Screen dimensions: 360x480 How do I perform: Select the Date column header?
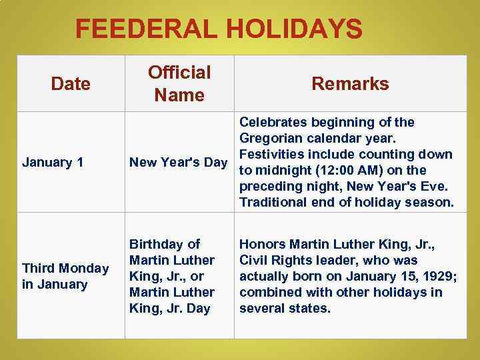coord(71,84)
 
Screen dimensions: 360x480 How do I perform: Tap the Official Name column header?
coord(179,84)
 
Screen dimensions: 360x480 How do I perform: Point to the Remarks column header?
coord(350,84)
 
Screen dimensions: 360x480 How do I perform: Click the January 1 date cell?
coord(53,162)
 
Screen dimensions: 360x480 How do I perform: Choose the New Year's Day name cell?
coord(178,162)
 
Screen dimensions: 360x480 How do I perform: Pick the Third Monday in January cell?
coord(65,276)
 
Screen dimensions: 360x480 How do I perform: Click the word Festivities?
coord(270,154)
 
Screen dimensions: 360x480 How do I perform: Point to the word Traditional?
coord(272,202)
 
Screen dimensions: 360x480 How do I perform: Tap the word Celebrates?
coord(272,122)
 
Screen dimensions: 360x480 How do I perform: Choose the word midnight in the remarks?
coord(282,170)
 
